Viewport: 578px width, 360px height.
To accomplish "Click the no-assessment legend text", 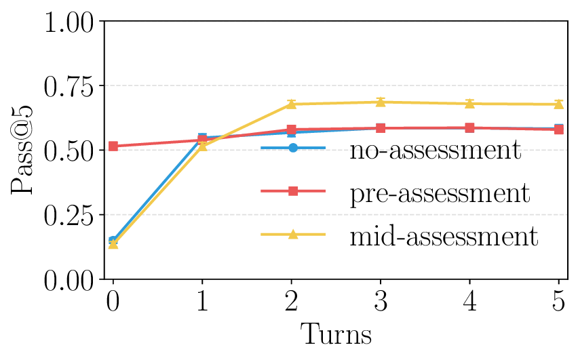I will pyautogui.click(x=435, y=149).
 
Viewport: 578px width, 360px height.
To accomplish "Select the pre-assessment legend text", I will pyautogui.click(x=439, y=193).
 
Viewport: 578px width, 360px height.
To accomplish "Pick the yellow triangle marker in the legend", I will pyautogui.click(x=293, y=235).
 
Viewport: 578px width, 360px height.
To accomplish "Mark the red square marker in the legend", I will pyautogui.click(x=293, y=192).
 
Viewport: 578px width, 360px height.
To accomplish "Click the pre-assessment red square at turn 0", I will pyautogui.click(x=113, y=146).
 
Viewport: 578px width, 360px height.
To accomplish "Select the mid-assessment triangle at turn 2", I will pyautogui.click(x=292, y=104).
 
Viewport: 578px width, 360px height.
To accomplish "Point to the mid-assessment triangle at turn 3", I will pyautogui.click(x=381, y=102).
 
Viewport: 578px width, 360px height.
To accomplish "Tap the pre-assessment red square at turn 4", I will pyautogui.click(x=469, y=127).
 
